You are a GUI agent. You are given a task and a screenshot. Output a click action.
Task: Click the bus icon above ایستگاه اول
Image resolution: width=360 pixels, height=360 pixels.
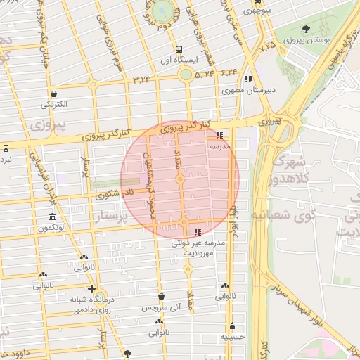(x=179, y=50)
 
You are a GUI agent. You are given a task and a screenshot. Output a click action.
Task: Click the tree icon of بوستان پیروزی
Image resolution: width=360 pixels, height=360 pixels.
(x=306, y=30)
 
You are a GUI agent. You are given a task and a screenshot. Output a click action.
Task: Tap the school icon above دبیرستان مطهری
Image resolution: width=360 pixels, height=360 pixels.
(x=248, y=79)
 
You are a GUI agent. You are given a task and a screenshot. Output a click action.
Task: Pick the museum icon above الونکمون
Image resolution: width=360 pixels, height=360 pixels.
(x=52, y=217)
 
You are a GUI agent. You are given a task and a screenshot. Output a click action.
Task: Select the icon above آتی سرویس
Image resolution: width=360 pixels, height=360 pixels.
(x=162, y=297)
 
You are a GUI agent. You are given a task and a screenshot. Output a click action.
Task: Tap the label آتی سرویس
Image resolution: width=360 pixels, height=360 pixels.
(x=161, y=309)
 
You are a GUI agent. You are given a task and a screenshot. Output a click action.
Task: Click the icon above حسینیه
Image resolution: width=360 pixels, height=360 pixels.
(x=232, y=326)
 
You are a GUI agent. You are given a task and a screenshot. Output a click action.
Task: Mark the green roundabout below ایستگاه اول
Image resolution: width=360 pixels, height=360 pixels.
(x=186, y=74)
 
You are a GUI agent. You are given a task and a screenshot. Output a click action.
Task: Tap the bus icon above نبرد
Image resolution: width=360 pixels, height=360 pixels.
(x=6, y=148)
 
